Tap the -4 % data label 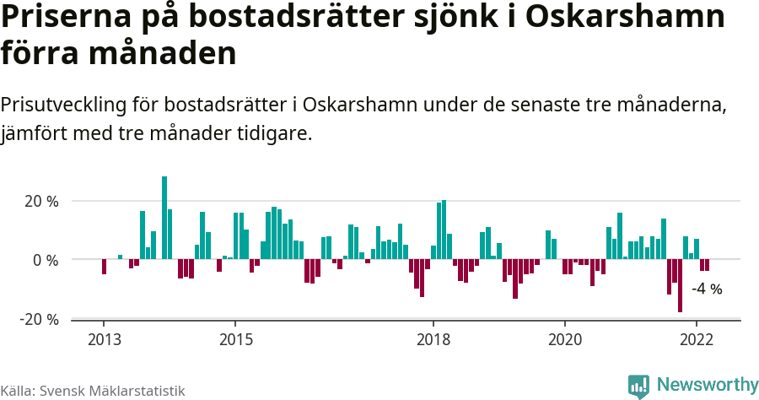(707, 289)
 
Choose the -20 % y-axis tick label (40, 319)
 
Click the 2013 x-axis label (104, 339)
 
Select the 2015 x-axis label (235, 339)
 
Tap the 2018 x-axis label (433, 339)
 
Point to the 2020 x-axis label (565, 339)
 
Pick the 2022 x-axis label (697, 339)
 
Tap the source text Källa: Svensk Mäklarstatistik (93, 391)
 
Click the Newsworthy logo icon (638, 386)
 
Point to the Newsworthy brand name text (707, 385)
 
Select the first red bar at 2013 (104, 267)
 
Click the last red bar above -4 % (707, 265)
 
